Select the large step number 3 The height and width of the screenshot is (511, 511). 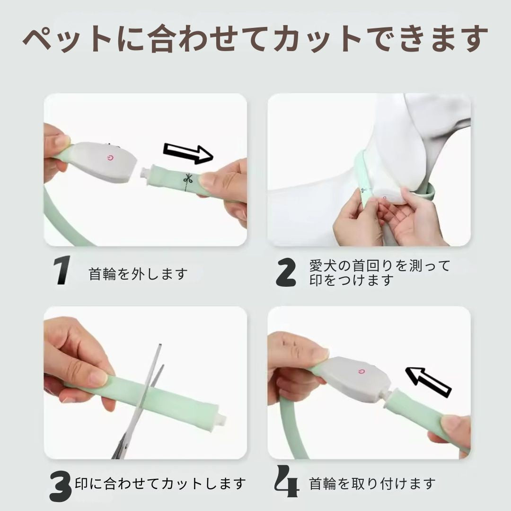pyautogui.click(x=61, y=485)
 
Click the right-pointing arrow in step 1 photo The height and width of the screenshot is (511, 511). pyautogui.click(x=188, y=153)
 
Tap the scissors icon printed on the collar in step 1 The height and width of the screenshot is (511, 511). pyautogui.click(x=188, y=179)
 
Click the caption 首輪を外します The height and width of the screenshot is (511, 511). pyautogui.click(x=138, y=274)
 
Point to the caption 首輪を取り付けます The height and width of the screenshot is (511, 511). pyautogui.click(x=372, y=484)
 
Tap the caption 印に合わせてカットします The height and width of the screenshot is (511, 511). pyautogui.click(x=161, y=484)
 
